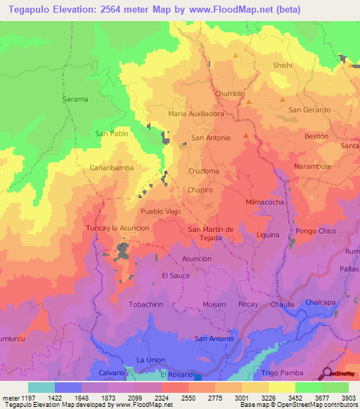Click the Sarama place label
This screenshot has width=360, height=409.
tap(76, 99)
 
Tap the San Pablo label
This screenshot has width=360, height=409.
tap(111, 133)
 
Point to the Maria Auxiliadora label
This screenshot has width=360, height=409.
tap(196, 112)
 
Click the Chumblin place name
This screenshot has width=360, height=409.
tap(230, 93)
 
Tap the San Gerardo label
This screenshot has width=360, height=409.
tap(309, 110)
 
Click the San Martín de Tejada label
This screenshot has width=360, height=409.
tap(215, 234)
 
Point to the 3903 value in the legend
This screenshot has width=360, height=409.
tap(348, 398)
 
